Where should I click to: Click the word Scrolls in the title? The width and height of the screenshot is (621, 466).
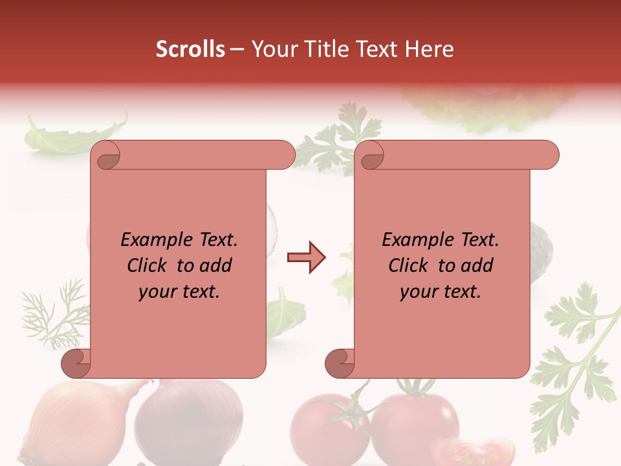190,49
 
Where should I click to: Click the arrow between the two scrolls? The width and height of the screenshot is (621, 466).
306,258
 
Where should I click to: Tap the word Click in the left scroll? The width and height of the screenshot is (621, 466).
141,266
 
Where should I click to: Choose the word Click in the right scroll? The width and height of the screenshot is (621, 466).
402,266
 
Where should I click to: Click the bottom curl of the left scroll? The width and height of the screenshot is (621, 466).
75,362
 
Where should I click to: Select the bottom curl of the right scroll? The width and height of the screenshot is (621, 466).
338,362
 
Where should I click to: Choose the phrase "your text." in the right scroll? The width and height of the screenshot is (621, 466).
441,292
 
